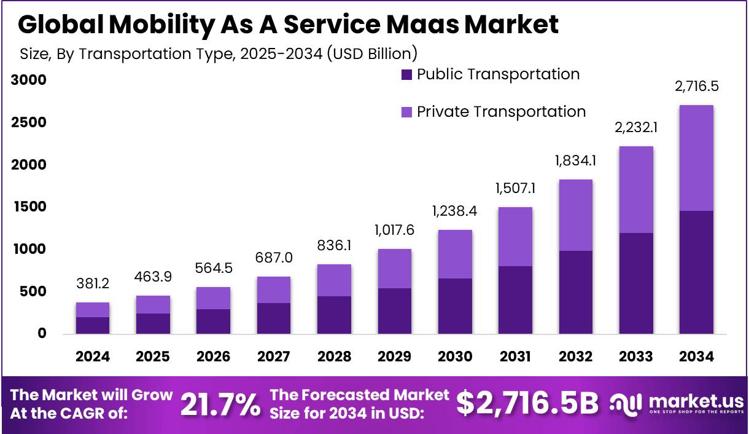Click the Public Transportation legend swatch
(406, 76)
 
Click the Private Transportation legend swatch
(406, 112)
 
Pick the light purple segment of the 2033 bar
(636, 189)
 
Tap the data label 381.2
(93, 283)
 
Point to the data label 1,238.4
(455, 211)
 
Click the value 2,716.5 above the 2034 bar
(696, 87)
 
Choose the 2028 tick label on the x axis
(334, 357)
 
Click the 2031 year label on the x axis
(515, 357)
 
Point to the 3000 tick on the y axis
(28, 81)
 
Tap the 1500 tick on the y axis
(28, 207)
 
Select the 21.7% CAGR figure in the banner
(220, 404)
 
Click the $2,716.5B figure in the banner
(527, 404)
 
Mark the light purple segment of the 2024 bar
(93, 310)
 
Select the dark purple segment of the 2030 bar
(455, 306)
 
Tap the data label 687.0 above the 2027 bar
(274, 258)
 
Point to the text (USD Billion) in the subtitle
(372, 53)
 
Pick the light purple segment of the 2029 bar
(394, 269)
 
